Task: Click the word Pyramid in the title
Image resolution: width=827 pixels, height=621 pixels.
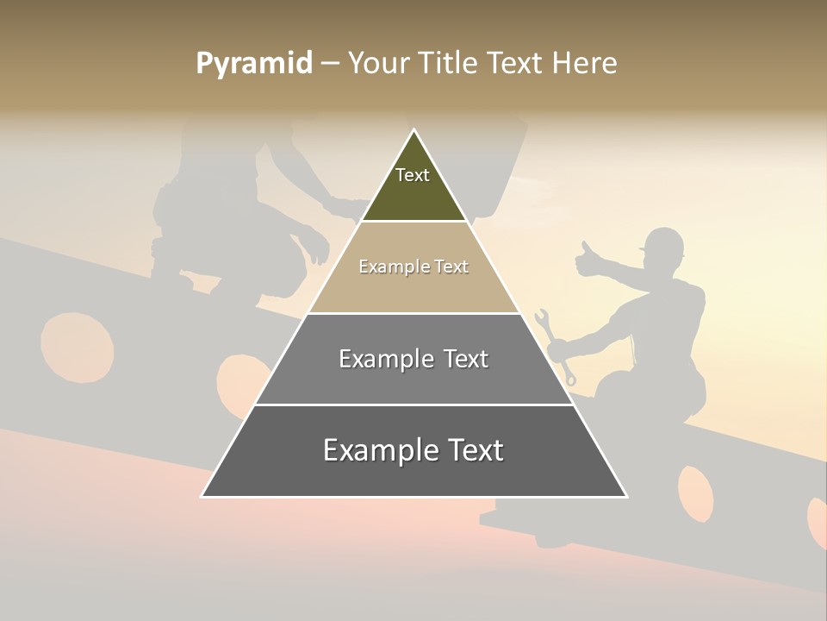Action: click(253, 64)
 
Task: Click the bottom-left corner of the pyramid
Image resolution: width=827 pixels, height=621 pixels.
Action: click(203, 495)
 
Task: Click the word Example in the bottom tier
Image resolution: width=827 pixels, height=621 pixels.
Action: click(374, 451)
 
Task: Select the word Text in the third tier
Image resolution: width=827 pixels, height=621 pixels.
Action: click(464, 359)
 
